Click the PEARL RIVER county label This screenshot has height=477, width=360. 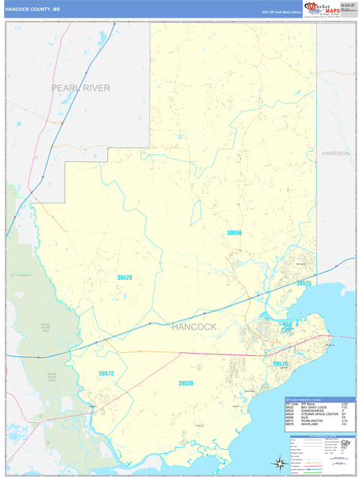pyautogui.click(x=80, y=87)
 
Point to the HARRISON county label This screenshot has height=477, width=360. pyautogui.click(x=335, y=153)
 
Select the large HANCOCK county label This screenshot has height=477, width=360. pyautogui.click(x=193, y=327)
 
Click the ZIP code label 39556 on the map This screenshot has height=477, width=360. pyautogui.click(x=233, y=233)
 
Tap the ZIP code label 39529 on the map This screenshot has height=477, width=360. pyautogui.click(x=124, y=277)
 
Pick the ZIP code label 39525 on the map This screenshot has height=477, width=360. pyautogui.click(x=304, y=283)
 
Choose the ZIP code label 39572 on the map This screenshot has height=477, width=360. pyautogui.click(x=106, y=373)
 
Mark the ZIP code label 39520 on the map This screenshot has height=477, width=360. pyautogui.click(x=185, y=383)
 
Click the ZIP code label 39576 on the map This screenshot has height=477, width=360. pyautogui.click(x=280, y=363)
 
